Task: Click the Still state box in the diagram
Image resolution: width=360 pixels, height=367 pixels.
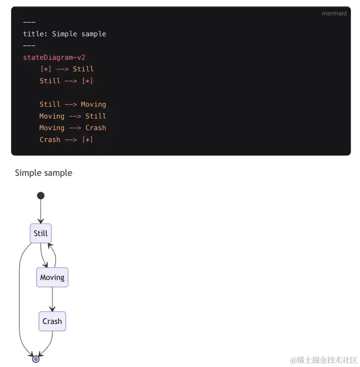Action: point(40,233)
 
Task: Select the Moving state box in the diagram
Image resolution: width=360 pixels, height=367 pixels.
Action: point(52,277)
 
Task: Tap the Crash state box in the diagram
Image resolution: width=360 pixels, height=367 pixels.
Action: point(52,321)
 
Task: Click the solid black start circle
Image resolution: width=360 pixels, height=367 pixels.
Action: point(40,195)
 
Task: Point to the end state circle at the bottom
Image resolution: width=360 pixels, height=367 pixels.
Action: point(35,359)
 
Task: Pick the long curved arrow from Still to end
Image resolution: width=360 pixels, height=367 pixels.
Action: point(20,300)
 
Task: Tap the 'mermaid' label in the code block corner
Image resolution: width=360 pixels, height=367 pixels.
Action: point(334,13)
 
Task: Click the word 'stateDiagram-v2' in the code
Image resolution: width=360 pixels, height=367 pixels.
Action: point(54,57)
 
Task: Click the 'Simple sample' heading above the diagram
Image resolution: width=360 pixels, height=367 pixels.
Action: point(43,173)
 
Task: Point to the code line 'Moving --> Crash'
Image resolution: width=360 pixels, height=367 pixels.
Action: point(72,128)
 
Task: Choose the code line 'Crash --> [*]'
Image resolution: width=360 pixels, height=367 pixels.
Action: point(66,139)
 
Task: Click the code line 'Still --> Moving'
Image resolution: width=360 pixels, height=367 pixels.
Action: point(72,104)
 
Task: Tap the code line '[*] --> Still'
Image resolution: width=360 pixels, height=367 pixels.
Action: point(66,69)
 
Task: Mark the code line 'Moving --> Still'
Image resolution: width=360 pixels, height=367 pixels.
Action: point(72,116)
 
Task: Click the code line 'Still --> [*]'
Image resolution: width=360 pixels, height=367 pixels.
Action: point(66,81)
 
